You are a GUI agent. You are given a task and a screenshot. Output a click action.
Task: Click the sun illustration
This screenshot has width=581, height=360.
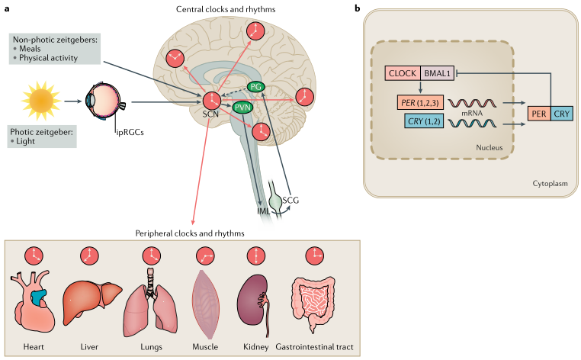click(x=42, y=101)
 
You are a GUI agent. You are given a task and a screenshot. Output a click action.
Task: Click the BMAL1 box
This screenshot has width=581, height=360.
click(x=438, y=74)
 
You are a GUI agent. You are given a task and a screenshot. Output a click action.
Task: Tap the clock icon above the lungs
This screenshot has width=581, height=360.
click(x=146, y=256)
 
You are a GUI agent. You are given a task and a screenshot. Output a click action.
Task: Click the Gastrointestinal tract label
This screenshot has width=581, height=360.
click(x=319, y=348)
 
